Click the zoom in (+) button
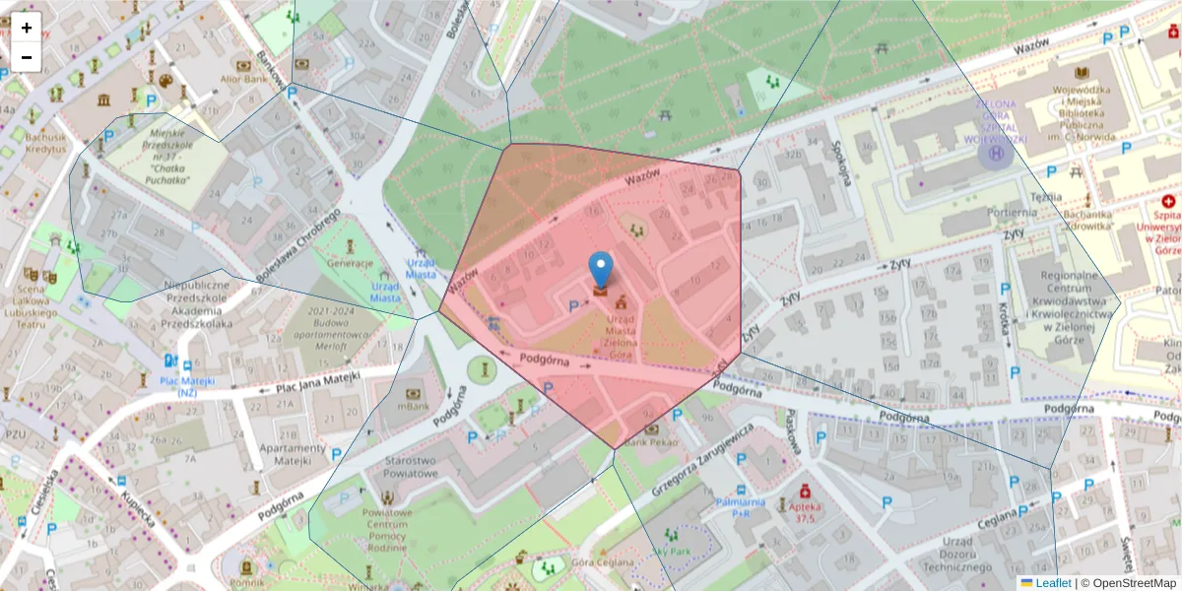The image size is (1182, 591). tap(27, 28)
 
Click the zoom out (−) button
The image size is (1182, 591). tap(27, 57)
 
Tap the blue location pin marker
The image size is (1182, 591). tap(600, 271)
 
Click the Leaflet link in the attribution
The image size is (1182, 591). tap(1052, 583)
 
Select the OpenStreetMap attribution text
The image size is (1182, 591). tap(1132, 583)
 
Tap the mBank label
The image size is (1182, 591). tap(414, 406)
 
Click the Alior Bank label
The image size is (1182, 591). tap(245, 79)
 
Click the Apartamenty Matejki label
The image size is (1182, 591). tap(292, 454)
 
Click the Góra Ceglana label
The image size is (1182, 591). tap(600, 562)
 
